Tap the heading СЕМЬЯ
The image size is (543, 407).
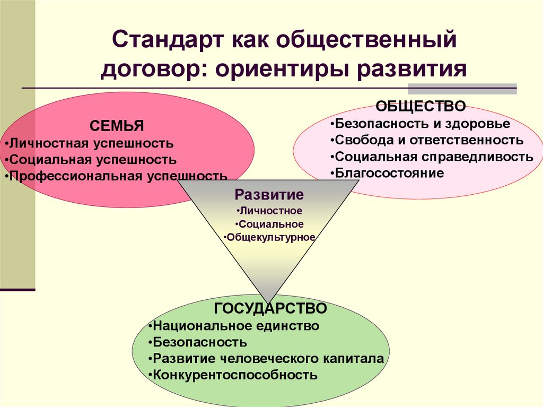[x=117, y=126]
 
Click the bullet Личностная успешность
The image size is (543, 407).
[x=89, y=143]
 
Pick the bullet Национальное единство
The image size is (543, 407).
[x=234, y=325]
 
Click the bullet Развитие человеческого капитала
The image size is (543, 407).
[x=267, y=358]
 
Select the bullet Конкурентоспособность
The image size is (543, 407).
[x=233, y=375]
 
